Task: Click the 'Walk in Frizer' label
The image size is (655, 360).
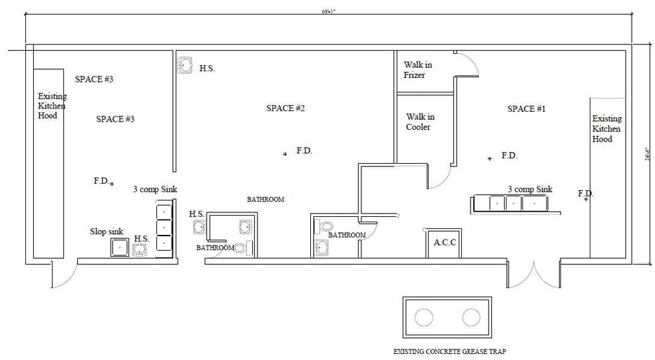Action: pyautogui.click(x=418, y=70)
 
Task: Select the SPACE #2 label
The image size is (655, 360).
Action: pyautogui.click(x=285, y=108)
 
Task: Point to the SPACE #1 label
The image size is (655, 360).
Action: pyautogui.click(x=526, y=108)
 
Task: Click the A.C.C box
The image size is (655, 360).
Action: pyautogui.click(x=444, y=243)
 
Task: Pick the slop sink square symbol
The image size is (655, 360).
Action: pyautogui.click(x=120, y=248)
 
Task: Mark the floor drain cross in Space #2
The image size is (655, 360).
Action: pyautogui.click(x=285, y=154)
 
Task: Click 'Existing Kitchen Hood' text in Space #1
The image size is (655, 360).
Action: pyautogui.click(x=606, y=128)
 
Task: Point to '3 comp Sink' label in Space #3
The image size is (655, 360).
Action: pyautogui.click(x=155, y=189)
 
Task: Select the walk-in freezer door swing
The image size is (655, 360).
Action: pyautogui.click(x=466, y=65)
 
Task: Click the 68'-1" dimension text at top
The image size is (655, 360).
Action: pyautogui.click(x=327, y=11)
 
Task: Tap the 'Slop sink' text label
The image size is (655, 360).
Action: pyautogui.click(x=107, y=232)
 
